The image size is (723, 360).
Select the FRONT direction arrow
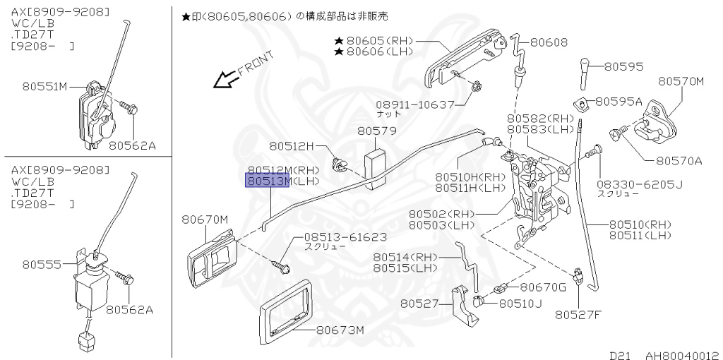coord(227,80)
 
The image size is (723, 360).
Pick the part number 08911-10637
coord(415,104)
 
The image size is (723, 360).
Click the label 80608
coord(549,42)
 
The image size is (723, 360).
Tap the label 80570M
coord(681,82)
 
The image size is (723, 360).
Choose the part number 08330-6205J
coord(640,185)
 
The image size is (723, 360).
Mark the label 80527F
coord(578,314)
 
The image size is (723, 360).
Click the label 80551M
coord(44,87)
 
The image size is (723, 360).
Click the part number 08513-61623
coord(345,237)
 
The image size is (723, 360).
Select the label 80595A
coord(619,102)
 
